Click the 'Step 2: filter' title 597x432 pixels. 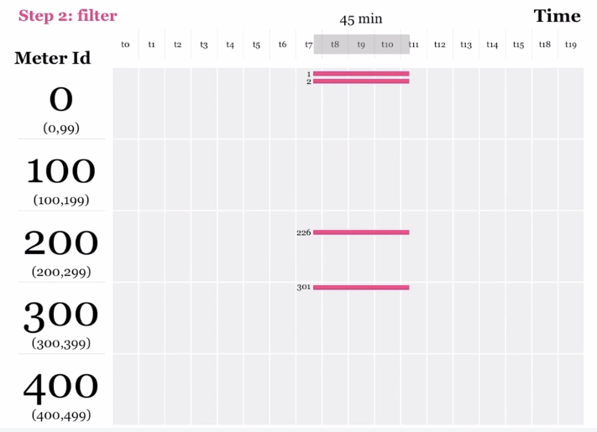[68, 16]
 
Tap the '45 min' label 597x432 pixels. [361, 19]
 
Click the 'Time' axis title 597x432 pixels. [557, 16]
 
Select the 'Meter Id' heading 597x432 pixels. [53, 59]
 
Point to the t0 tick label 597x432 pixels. [125, 44]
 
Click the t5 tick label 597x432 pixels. [256, 44]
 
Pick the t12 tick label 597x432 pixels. [439, 44]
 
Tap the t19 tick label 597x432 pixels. [571, 44]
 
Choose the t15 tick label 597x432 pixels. [518, 44]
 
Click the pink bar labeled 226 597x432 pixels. [361, 232]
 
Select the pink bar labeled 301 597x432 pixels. [361, 288]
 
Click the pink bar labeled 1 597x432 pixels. [361, 74]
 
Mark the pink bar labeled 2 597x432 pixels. [361, 81]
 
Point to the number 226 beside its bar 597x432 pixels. [303, 232]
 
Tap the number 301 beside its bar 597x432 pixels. [303, 287]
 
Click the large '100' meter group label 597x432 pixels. [60, 172]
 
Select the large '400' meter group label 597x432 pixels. [60, 387]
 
